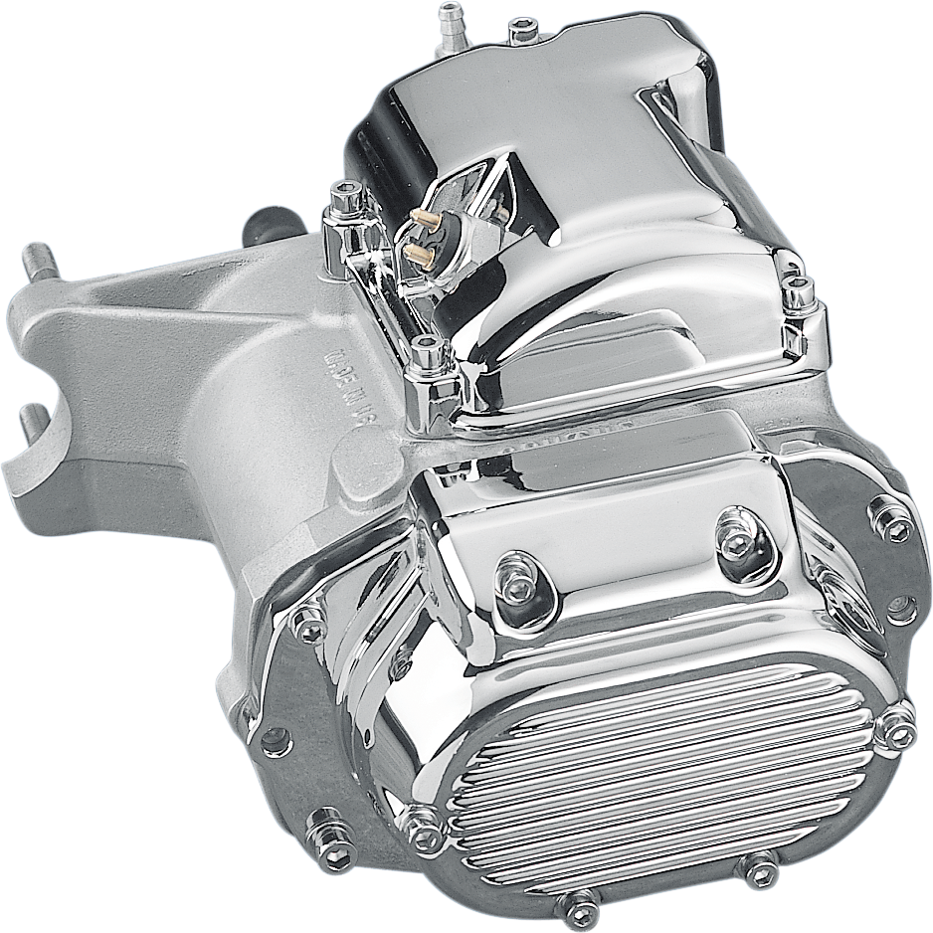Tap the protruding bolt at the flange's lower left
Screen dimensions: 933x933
tap(333, 843)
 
